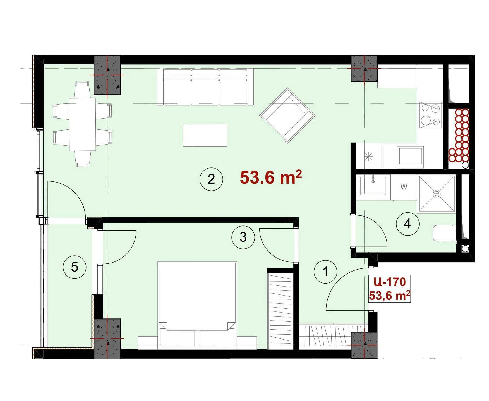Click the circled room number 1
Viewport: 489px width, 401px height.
[325, 272]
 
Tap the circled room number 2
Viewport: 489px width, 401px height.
[211, 179]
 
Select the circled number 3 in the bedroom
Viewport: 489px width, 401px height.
[243, 237]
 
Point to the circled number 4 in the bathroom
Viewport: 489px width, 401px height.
[407, 224]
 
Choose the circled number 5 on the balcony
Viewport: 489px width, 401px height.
[75, 267]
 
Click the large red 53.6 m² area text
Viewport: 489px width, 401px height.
[271, 177]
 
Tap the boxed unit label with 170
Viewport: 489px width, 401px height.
[390, 289]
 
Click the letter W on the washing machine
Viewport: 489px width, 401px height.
[404, 187]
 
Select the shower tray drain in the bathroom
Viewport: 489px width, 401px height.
[437, 193]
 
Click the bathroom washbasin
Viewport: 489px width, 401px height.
[373, 186]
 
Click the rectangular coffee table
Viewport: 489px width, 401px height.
[205, 135]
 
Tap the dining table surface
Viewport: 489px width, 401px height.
[82, 124]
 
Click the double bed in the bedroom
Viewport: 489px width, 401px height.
[197, 305]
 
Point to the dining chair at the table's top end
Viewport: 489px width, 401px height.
[83, 89]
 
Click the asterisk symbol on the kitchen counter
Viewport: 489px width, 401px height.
[369, 157]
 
